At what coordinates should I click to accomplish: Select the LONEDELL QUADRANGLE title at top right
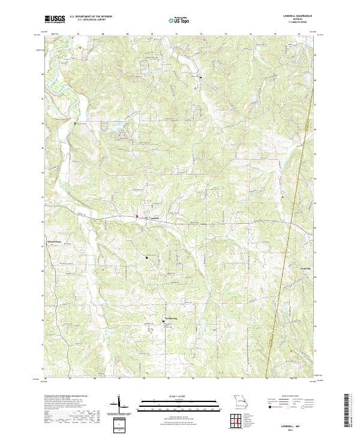[294, 16]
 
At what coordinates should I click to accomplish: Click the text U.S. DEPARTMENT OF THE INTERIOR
[91, 16]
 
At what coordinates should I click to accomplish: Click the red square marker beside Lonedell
[136, 216]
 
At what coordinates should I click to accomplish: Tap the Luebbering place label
[173, 319]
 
